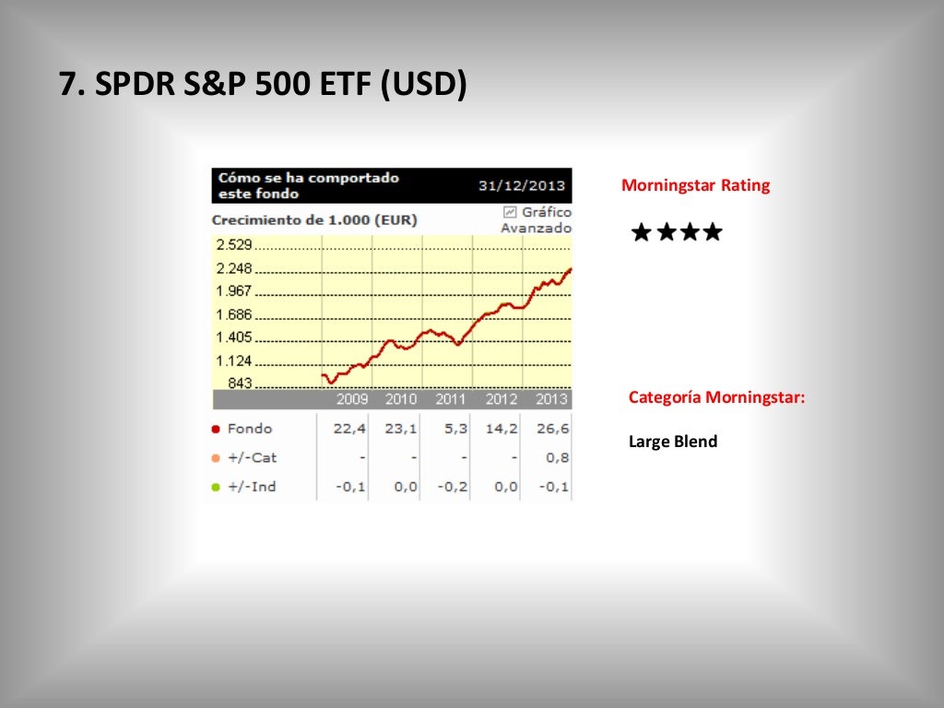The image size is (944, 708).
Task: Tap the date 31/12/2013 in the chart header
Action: pos(521,185)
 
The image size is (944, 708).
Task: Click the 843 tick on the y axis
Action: pos(240,383)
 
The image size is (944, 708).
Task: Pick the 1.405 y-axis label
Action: pos(233,337)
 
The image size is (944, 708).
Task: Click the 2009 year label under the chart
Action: pos(352,399)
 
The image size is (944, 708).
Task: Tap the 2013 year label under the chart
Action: pos(551,399)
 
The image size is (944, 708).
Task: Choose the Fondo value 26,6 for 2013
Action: pos(557,429)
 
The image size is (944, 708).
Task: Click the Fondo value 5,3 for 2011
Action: pos(455,429)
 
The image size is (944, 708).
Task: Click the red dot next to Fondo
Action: pos(216,429)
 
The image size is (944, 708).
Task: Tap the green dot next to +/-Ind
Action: pos(216,487)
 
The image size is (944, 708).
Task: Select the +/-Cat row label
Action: pos(252,457)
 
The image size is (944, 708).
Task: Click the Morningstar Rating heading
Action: pos(695,185)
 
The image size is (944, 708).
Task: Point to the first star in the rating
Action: pos(641,232)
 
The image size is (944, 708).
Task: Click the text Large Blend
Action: pos(673,442)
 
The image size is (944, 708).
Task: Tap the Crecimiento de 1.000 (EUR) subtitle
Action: pos(314,220)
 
